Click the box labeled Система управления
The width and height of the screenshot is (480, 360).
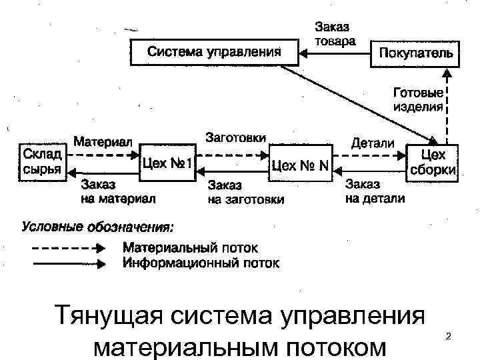click(213, 52)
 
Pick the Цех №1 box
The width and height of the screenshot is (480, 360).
click(167, 163)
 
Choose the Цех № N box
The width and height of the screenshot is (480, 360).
click(299, 164)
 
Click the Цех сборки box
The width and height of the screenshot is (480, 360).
click(431, 162)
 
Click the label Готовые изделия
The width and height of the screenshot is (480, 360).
click(417, 101)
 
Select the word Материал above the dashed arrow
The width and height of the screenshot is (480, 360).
click(103, 141)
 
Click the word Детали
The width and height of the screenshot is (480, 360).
click(372, 143)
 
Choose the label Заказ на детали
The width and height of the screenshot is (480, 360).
click(374, 191)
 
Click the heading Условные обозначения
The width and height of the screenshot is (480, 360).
click(98, 227)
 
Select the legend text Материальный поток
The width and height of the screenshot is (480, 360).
click(189, 248)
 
